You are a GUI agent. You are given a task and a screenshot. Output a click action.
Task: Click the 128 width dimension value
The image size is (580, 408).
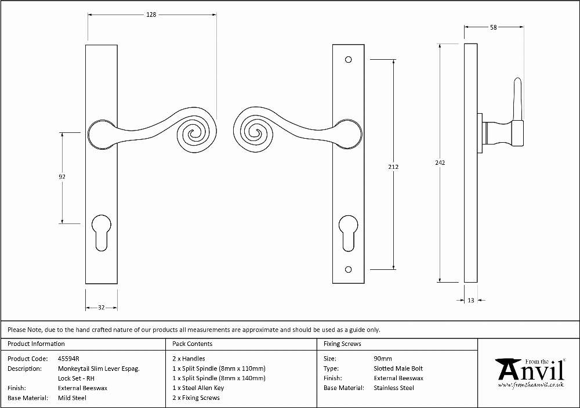pos(151,15)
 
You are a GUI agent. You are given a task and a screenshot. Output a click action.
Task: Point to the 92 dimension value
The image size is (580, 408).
pos(62,177)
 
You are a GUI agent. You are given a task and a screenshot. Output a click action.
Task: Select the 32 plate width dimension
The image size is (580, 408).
pos(101,307)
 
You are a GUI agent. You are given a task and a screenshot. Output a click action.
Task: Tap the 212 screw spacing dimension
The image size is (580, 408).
pos(393,167)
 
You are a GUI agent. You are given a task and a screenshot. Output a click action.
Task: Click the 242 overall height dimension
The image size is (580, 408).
pos(440,163)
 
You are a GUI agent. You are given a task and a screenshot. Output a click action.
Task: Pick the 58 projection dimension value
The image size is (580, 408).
pos(494,27)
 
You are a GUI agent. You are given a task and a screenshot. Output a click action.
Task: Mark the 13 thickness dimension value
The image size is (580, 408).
pos(470,300)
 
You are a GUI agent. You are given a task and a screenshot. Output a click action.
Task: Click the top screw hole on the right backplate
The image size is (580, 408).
pos(348,60)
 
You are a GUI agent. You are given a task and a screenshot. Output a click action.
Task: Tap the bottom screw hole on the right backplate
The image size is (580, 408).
pos(348,269)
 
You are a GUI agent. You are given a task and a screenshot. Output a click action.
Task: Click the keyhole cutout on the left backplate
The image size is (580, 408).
pos(101,233)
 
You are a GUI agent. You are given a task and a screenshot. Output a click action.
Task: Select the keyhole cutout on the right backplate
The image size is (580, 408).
pos(349,233)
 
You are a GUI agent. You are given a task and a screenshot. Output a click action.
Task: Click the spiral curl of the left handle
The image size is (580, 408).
pos(195,135)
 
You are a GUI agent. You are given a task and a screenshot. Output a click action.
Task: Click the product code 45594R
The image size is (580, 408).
pos(68,359)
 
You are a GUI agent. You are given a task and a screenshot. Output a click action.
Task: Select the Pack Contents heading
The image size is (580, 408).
pos(193,344)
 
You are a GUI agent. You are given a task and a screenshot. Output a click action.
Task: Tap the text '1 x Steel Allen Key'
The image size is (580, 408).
pos(198,388)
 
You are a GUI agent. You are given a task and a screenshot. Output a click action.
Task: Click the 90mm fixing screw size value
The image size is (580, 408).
pos(383,359)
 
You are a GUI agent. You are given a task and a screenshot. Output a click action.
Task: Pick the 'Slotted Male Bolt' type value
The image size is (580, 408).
pos(398,369)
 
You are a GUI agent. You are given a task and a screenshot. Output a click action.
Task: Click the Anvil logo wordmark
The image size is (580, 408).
pos(531,371)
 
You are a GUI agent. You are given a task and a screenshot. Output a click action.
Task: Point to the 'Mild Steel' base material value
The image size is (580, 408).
pos(72,398)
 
